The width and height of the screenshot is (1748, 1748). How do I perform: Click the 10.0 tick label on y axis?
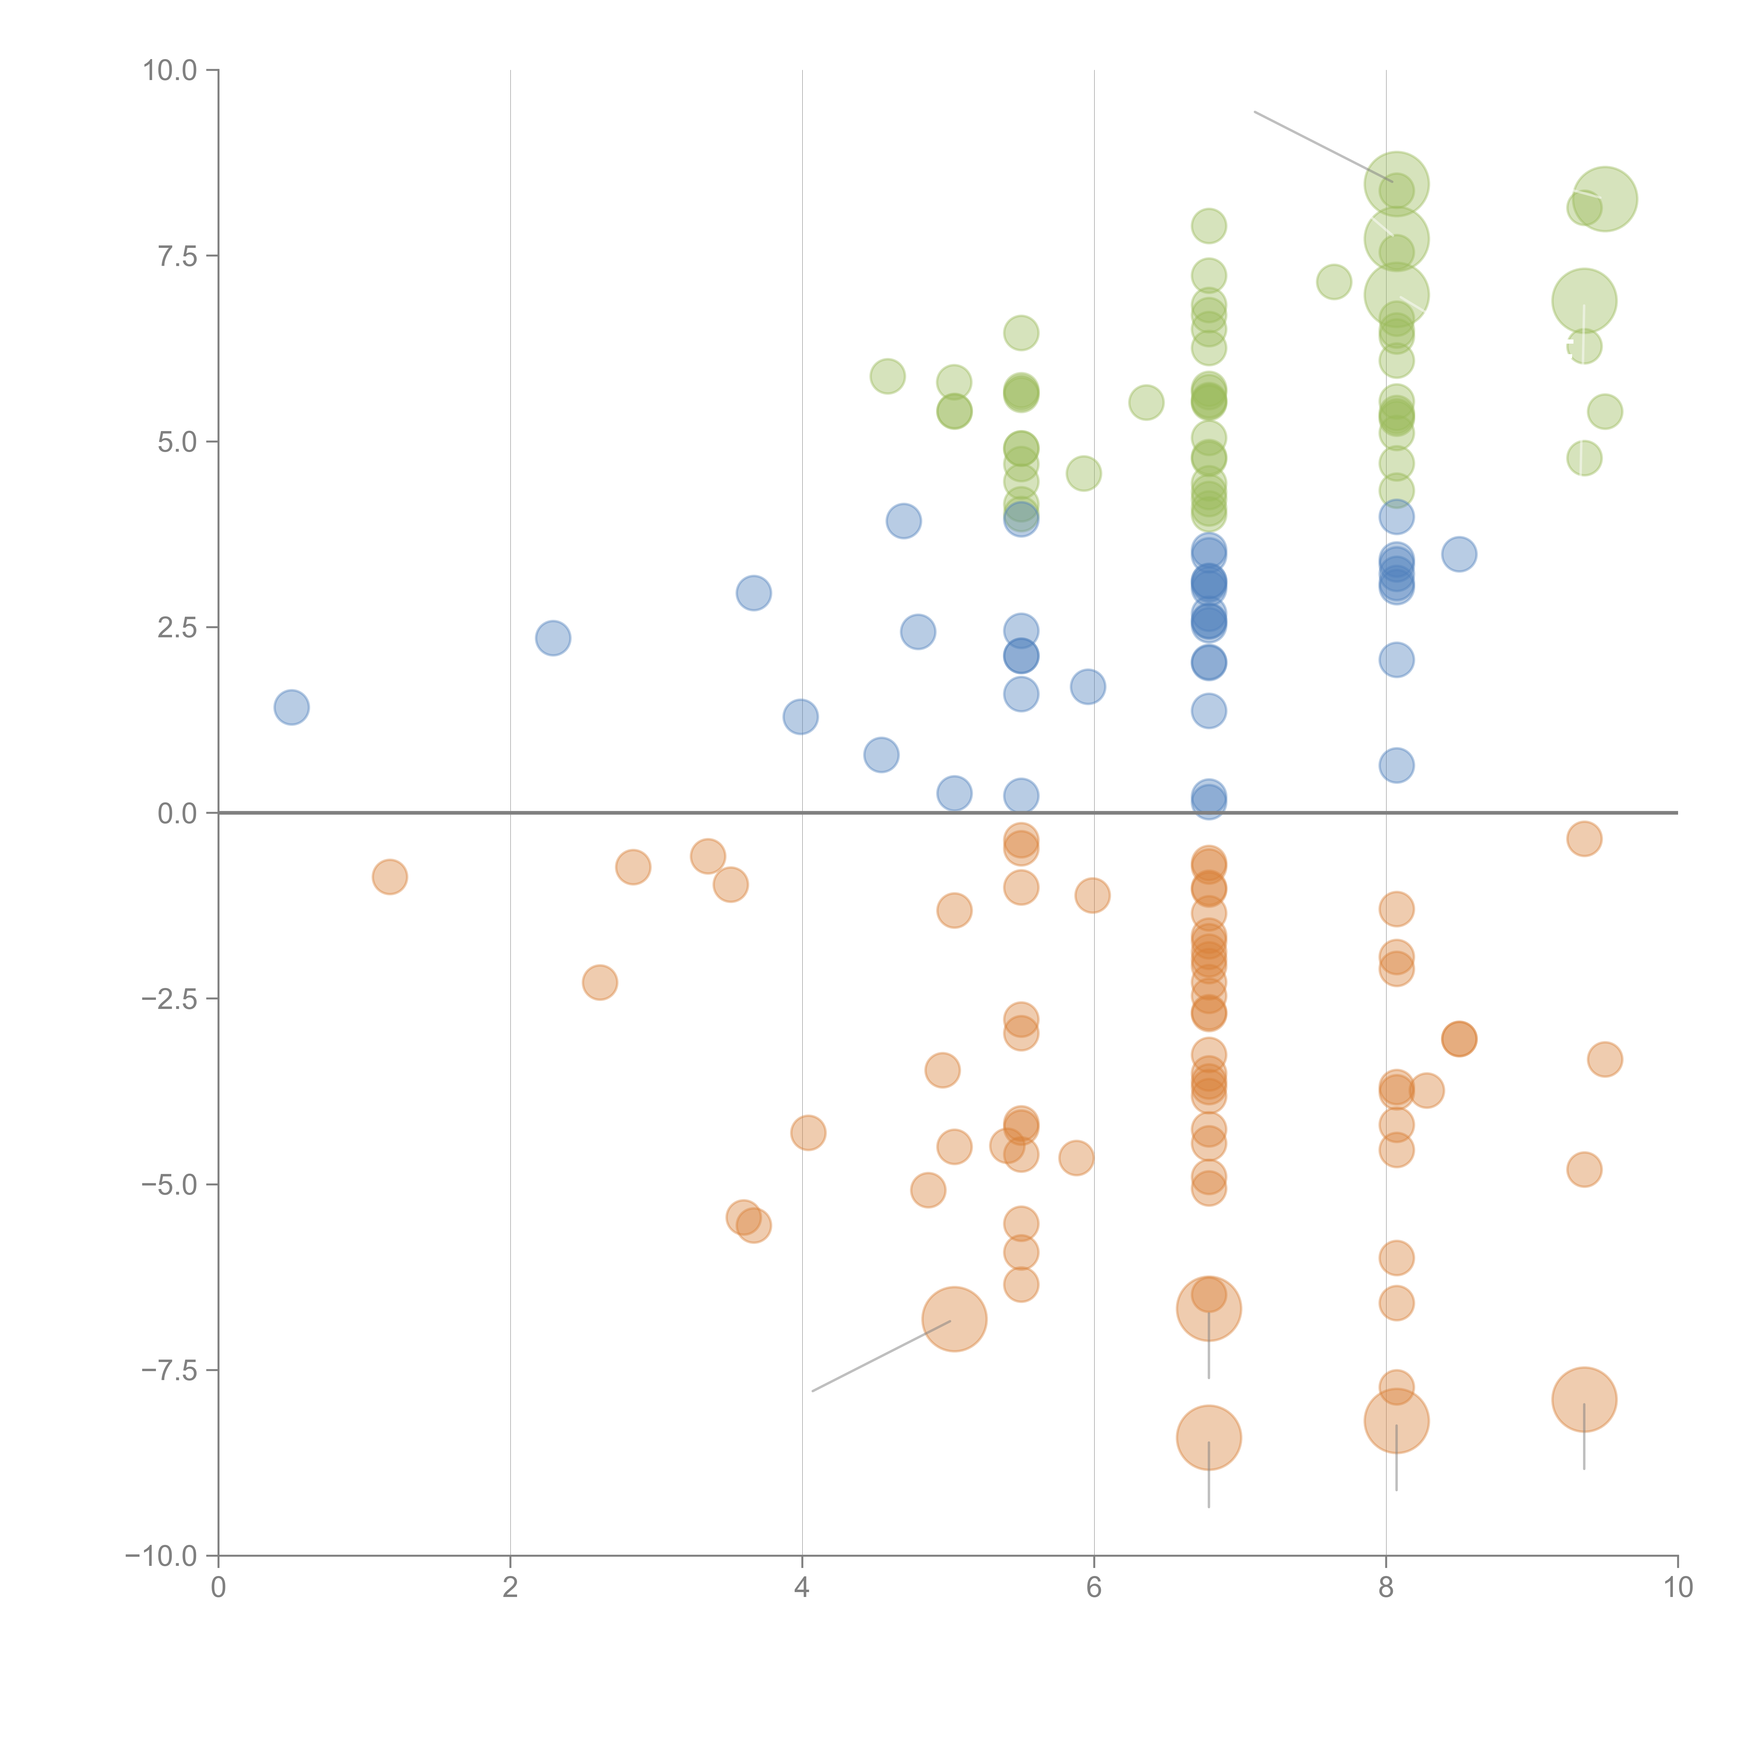170,71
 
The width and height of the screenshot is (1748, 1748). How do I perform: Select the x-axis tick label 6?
1094,1588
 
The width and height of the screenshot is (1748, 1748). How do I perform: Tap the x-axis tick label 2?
510,1588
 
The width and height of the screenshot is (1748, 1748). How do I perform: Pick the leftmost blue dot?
291,707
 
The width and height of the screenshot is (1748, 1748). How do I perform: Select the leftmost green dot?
888,375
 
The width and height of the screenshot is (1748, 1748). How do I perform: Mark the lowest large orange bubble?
1209,1438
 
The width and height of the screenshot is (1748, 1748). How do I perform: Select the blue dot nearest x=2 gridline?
553,638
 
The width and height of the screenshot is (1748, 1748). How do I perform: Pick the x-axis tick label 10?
1677,1588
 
